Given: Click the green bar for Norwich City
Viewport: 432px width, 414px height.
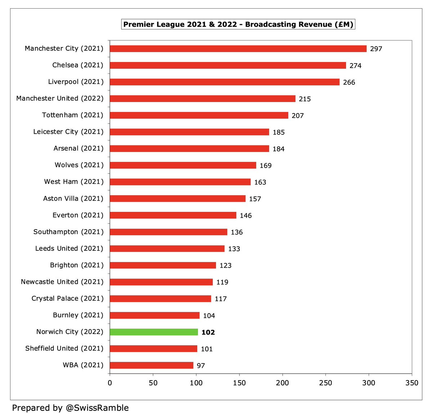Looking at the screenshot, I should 154,332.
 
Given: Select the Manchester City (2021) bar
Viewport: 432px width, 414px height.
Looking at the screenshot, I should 238,49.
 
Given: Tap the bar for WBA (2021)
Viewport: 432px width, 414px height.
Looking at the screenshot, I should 152,365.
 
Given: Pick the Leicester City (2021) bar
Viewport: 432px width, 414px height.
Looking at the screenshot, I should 189,132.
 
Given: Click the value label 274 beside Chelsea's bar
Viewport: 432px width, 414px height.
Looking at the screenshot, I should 355,66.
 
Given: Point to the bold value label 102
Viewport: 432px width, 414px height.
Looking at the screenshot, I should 208,332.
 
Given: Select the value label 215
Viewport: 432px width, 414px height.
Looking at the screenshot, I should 305,99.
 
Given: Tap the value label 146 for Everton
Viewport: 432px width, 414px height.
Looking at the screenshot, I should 246,215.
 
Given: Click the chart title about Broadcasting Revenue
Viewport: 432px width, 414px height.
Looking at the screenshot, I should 238,25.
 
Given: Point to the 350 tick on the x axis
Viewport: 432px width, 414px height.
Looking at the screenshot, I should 412,383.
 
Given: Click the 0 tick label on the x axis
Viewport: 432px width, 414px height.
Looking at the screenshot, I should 110,383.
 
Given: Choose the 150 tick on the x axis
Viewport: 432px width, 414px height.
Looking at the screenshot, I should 239,383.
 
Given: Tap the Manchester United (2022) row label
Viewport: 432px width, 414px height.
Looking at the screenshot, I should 60,98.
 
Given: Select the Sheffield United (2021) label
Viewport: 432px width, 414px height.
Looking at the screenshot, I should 64,348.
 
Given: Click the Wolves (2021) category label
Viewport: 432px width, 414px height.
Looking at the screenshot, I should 79,165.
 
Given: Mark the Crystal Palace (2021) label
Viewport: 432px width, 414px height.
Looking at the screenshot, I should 67,298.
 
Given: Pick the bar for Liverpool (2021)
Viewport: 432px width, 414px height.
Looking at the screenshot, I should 225,82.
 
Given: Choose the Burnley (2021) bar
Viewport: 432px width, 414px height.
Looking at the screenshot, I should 154,315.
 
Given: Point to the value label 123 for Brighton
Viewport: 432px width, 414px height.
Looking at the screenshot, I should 225,266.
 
